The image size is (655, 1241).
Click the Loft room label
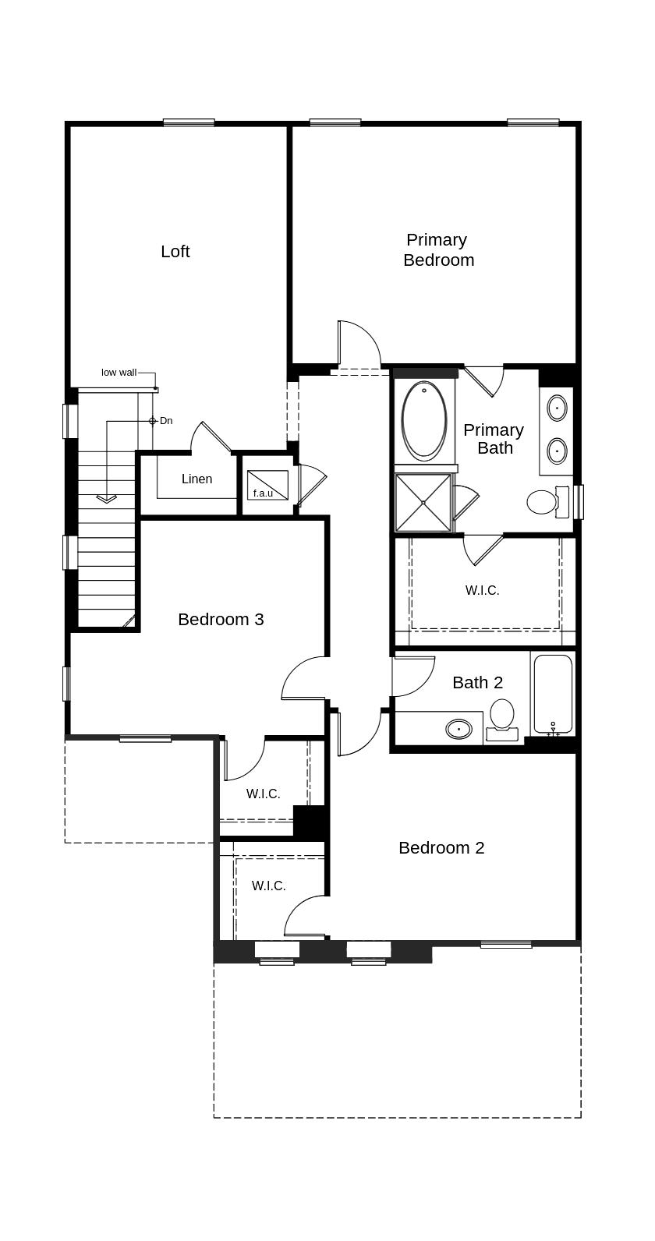click(175, 251)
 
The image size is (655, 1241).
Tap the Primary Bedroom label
click(438, 249)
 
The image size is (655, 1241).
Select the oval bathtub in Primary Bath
click(424, 420)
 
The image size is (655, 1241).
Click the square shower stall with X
click(423, 503)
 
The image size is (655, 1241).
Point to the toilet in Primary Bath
click(541, 502)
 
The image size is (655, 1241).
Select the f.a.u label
click(263, 493)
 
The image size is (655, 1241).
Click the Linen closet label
click(196, 479)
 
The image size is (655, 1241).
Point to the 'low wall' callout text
click(119, 373)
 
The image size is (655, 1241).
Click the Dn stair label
click(165, 421)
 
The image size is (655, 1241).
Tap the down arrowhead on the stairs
click(106, 499)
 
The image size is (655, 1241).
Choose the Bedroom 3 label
click(221, 619)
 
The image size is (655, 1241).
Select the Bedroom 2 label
click(441, 847)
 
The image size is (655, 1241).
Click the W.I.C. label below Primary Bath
click(482, 590)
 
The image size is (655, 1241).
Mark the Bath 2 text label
click(477, 682)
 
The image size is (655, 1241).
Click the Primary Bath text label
click(494, 438)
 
